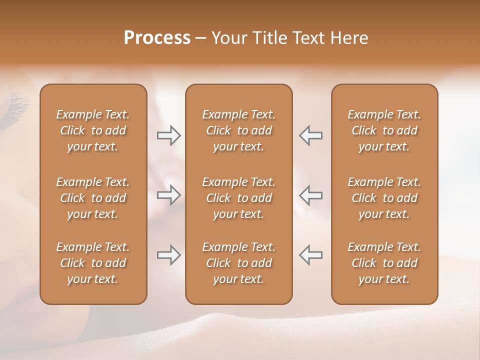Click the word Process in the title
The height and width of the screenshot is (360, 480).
coord(157,38)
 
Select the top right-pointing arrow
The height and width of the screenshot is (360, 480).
coord(168,135)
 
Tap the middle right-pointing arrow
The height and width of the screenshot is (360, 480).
coord(168,195)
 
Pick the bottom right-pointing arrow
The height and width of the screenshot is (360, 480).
coord(168,255)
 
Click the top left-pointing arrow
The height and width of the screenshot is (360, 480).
coord(310,135)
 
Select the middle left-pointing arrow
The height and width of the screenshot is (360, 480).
coord(310,195)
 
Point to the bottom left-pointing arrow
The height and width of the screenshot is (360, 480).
coord(310,255)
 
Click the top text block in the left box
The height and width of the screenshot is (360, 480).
coord(93,130)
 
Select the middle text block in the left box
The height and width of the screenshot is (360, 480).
coord(93,198)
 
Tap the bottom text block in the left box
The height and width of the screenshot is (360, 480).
coord(93,263)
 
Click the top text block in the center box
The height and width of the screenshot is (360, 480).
coord(239,130)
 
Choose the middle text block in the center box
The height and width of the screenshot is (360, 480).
coord(239,198)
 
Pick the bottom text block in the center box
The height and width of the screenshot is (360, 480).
coord(239,263)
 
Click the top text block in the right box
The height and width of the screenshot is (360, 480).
coord(384,130)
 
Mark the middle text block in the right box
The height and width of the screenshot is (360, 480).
coord(384,198)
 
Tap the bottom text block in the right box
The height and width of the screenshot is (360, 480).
coord(384,263)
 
